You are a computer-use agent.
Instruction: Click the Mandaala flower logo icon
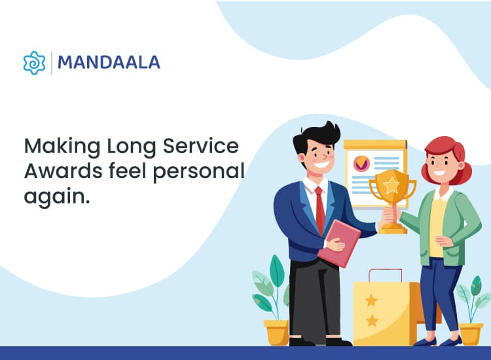[x=34, y=63]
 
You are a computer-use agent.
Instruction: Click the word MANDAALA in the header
[x=109, y=63]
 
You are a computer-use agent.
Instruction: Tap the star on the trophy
[x=391, y=185]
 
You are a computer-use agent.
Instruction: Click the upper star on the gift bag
[x=371, y=300]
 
